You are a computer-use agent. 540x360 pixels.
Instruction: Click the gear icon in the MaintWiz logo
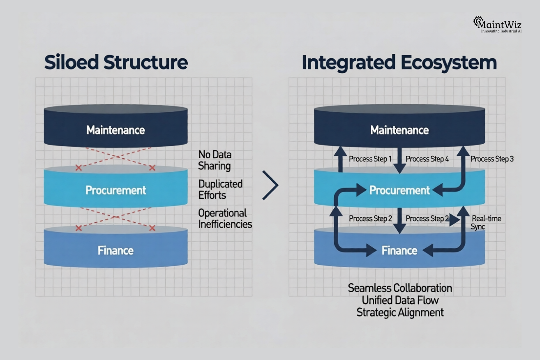[x=478, y=21]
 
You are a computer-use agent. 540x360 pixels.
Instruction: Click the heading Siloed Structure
[x=116, y=62]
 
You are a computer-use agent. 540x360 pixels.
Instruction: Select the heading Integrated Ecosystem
[x=399, y=62]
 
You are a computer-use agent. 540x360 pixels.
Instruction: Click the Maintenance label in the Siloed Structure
[x=115, y=130]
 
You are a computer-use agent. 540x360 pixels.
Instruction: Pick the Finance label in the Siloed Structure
[x=115, y=250]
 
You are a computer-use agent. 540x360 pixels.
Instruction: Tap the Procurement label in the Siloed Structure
[x=115, y=190]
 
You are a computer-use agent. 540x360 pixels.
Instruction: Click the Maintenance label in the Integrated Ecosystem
[x=399, y=130]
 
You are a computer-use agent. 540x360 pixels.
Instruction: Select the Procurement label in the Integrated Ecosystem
[x=399, y=190]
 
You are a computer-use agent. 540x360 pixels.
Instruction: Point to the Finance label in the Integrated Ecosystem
[x=399, y=250]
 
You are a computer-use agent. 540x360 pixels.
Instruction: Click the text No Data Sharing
[x=215, y=160]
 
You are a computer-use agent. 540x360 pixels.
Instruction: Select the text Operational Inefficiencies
[x=225, y=219]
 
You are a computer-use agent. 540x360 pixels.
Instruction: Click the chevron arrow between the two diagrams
[x=271, y=185]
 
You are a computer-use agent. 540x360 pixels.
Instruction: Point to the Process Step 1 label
[x=370, y=159]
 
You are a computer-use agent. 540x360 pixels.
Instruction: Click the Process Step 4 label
[x=427, y=159]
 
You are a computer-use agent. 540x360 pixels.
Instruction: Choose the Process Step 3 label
[x=492, y=159]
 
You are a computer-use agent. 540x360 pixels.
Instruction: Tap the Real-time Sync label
[x=486, y=222]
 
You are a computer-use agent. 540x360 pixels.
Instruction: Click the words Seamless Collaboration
[x=400, y=288]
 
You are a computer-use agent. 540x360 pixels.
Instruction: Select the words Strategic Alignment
[x=400, y=312]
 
